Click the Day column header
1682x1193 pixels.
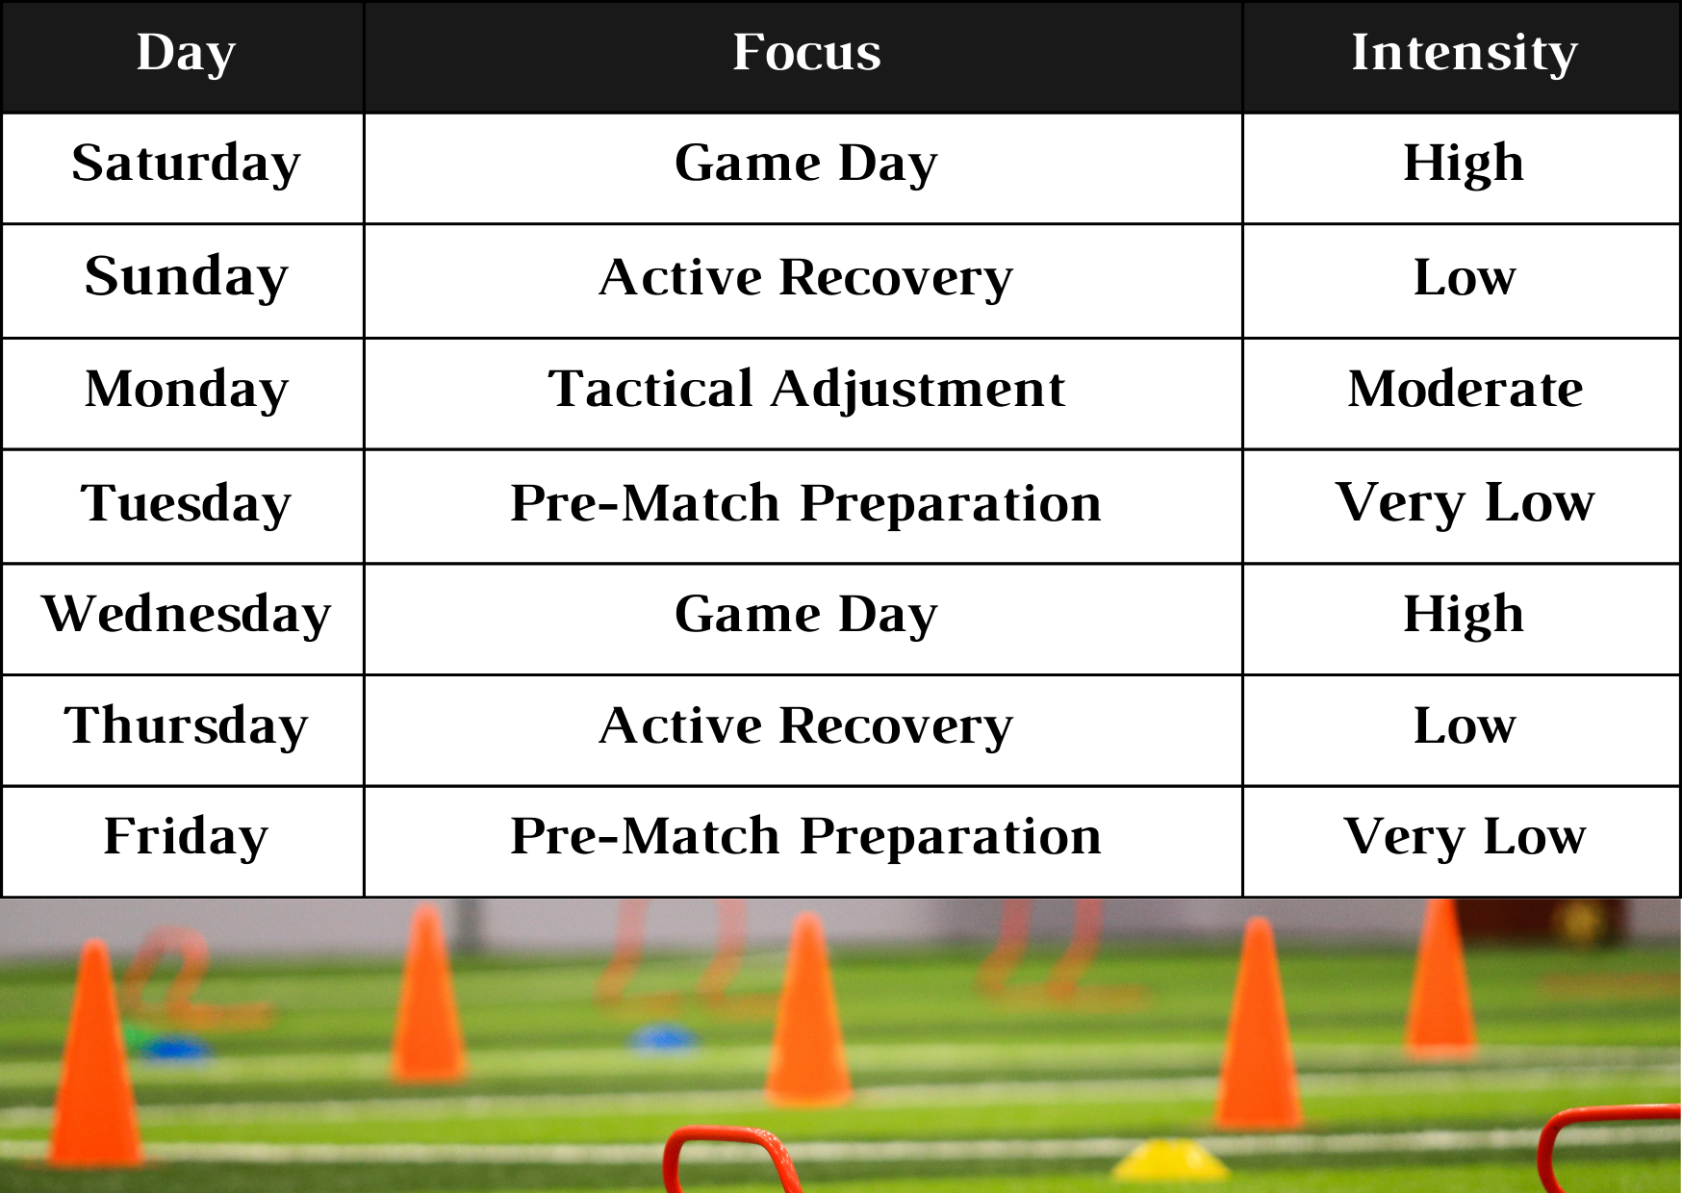[x=186, y=53]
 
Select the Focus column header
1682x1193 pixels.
[x=806, y=53]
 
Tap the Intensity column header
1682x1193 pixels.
[x=1464, y=53]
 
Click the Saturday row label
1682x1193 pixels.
[x=186, y=164]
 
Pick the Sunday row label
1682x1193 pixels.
[x=186, y=277]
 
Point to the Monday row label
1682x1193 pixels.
[x=186, y=390]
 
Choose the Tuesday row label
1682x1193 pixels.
[x=186, y=503]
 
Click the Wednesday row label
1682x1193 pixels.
[x=186, y=615]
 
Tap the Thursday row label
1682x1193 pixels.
[x=186, y=726]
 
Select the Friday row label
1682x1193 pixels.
[x=186, y=837]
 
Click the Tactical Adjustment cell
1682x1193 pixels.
[x=806, y=390]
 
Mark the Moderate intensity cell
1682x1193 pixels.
[x=1464, y=390]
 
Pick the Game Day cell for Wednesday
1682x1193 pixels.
[x=806, y=615]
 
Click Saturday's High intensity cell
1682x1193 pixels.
[x=1464, y=164]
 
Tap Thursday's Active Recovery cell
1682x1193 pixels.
[x=806, y=726]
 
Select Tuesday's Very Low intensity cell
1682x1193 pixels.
[x=1464, y=503]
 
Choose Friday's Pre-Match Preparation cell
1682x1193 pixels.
[x=806, y=837]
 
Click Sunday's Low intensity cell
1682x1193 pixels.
[x=1464, y=277]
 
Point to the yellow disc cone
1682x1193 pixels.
[x=1171, y=1159]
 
